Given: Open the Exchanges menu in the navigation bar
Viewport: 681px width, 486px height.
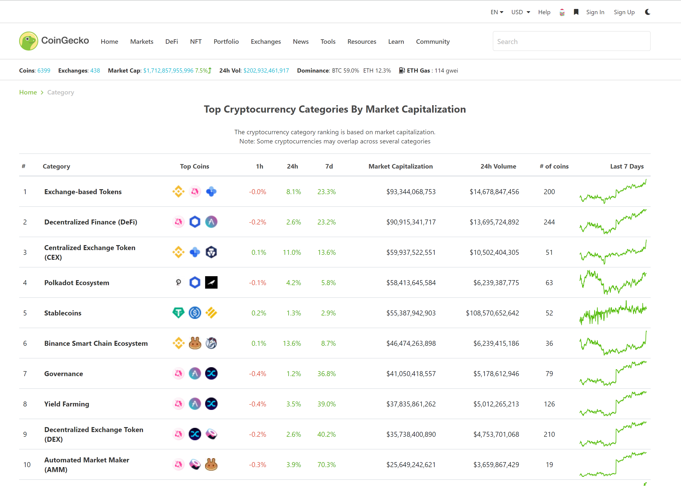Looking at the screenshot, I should pos(266,42).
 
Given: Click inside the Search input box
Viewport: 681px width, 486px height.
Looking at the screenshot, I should pos(571,41).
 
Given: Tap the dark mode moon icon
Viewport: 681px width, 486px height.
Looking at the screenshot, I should pos(647,12).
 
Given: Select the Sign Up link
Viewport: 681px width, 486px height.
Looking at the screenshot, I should pos(624,12).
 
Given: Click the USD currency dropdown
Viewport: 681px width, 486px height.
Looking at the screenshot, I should pos(520,12).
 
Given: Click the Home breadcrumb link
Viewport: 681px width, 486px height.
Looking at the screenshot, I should pos(28,92).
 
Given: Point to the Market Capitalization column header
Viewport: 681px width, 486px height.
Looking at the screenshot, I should pos(400,166).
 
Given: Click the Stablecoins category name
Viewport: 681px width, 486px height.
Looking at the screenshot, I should pos(63,313).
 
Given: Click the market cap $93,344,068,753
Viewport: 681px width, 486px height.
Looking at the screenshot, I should pos(411,192).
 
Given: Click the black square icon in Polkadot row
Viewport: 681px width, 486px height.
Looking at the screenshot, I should pos(211,282).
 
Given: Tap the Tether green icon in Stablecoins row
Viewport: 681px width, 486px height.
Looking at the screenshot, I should pos(179,313).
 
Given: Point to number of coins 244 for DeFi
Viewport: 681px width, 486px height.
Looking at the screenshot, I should pos(549,222).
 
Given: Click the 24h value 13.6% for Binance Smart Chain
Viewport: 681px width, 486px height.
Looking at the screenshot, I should pos(292,343).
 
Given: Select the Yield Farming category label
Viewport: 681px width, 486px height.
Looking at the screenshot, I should pos(66,404).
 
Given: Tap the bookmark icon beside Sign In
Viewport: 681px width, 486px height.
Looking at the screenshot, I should pos(576,12).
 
